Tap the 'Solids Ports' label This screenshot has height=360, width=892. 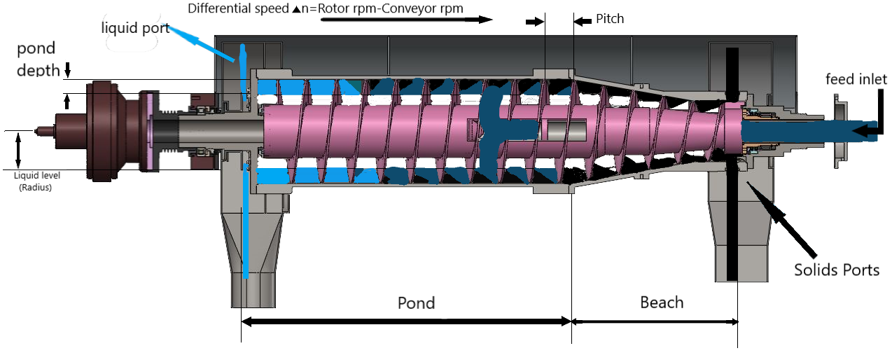(836, 269)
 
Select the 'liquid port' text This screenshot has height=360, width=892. (135, 28)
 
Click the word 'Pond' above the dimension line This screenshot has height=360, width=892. (416, 303)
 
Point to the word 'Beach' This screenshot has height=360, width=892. (661, 302)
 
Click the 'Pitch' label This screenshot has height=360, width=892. (609, 19)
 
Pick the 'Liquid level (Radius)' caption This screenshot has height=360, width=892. (34, 182)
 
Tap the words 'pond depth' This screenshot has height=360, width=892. (36, 60)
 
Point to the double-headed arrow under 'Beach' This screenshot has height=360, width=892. (655, 321)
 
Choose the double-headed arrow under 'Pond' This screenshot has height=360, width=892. (406, 321)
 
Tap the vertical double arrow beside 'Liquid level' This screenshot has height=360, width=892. (19, 150)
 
